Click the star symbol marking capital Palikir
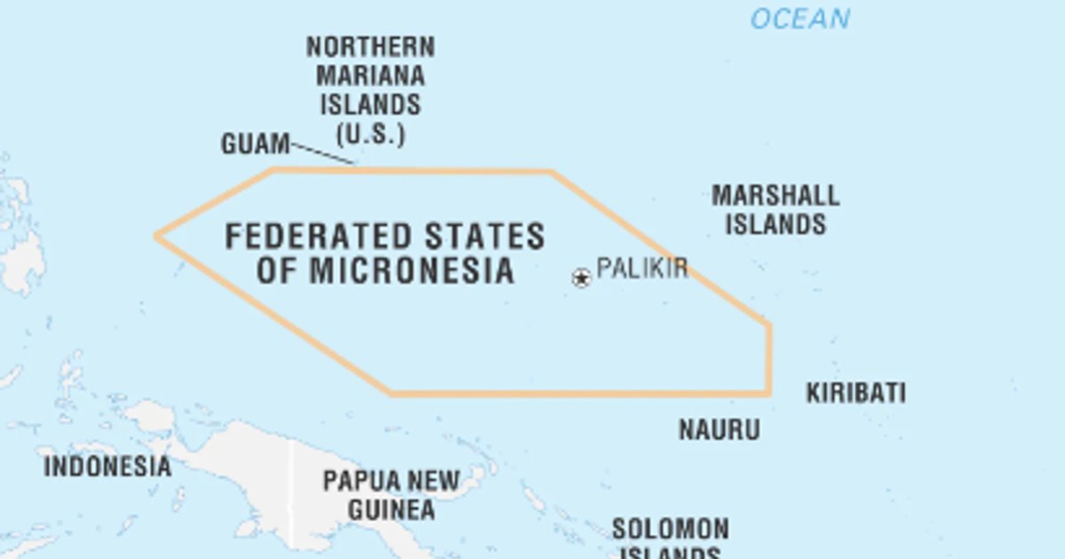point(581,279)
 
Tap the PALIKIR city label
point(642,268)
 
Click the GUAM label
point(255,144)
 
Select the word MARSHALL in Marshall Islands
point(775,195)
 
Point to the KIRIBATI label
point(856,393)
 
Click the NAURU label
point(719,430)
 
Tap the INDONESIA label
point(107,466)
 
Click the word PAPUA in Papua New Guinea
point(358,482)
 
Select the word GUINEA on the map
point(390,510)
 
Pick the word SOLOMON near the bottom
point(670,530)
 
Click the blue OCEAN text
point(800,19)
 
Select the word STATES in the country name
point(485,237)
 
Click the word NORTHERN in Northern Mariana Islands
point(370,46)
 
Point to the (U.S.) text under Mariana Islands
point(370,135)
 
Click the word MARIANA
point(370,75)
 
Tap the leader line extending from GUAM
point(324,154)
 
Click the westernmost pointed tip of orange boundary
point(157,236)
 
